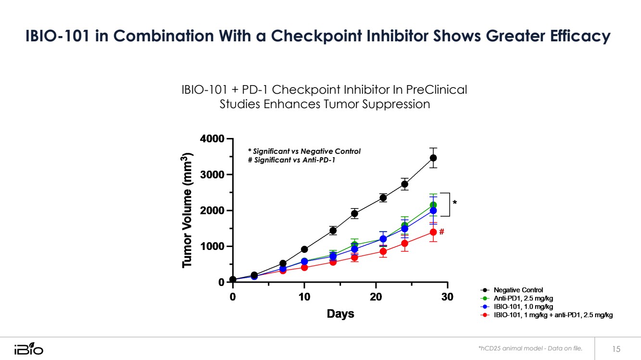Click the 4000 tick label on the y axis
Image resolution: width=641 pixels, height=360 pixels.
pyautogui.click(x=211, y=139)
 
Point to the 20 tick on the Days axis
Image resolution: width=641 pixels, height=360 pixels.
pyautogui.click(x=376, y=297)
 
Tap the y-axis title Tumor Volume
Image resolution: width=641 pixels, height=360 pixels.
pyautogui.click(x=187, y=210)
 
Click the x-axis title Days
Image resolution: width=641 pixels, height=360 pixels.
pyautogui.click(x=340, y=314)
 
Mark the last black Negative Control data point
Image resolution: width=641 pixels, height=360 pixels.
pyautogui.click(x=433, y=158)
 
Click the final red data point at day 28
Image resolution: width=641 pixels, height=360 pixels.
pyautogui.click(x=433, y=232)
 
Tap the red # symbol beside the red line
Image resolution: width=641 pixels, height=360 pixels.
pyautogui.click(x=441, y=231)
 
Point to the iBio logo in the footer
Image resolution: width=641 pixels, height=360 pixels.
pyautogui.click(x=28, y=348)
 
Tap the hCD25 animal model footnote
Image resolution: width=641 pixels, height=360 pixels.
pyautogui.click(x=530, y=348)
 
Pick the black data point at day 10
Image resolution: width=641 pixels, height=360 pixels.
pyautogui.click(x=304, y=249)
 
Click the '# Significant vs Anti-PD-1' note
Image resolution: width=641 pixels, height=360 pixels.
pyautogui.click(x=291, y=160)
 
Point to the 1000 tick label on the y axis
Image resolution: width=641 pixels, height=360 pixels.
pyautogui.click(x=211, y=247)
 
